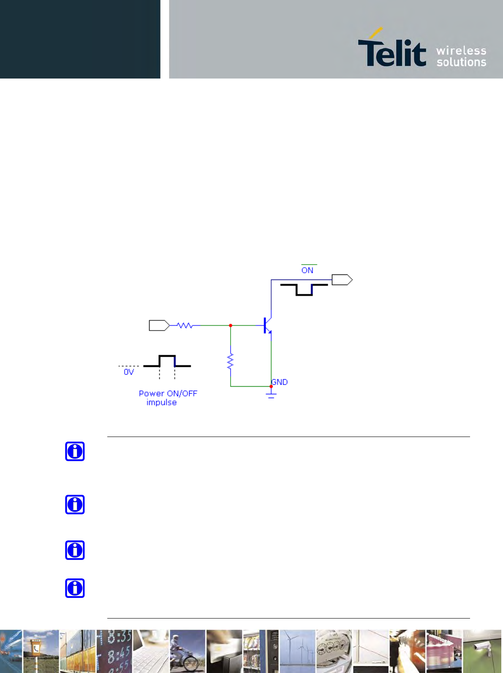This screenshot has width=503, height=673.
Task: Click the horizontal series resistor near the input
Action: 185,326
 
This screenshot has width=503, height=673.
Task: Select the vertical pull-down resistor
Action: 230,361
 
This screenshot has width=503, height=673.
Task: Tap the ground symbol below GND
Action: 271,394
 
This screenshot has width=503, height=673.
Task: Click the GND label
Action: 280,382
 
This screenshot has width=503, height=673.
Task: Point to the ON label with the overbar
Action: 307,270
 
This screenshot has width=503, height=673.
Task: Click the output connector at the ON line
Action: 342,280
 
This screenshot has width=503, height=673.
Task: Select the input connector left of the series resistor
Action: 159,326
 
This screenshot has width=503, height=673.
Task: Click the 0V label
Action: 129,372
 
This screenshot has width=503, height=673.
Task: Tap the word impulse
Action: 161,403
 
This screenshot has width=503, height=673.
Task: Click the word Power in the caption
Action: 151,393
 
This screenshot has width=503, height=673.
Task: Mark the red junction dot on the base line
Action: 231,326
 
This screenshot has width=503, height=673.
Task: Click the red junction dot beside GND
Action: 271,386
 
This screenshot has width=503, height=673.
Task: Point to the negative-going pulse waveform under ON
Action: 304,289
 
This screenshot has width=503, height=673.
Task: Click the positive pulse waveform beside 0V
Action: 167,362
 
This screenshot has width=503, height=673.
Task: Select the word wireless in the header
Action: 461,51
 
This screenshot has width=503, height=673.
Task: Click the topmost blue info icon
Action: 75,451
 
